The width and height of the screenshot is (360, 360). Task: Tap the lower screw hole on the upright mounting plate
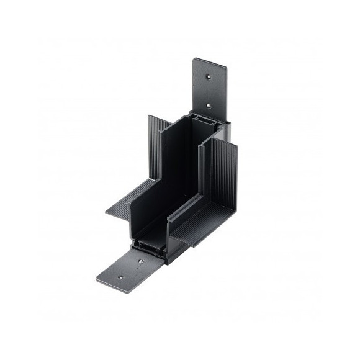(x=209, y=106)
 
